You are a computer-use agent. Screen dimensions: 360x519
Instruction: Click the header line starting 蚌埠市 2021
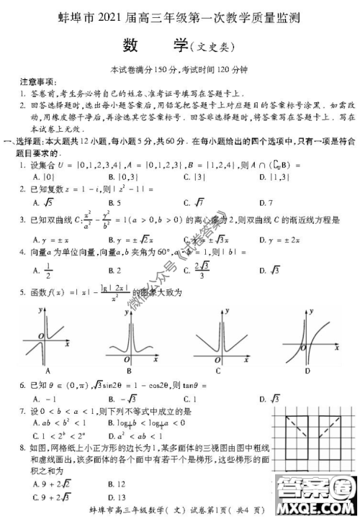coord(180,14)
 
